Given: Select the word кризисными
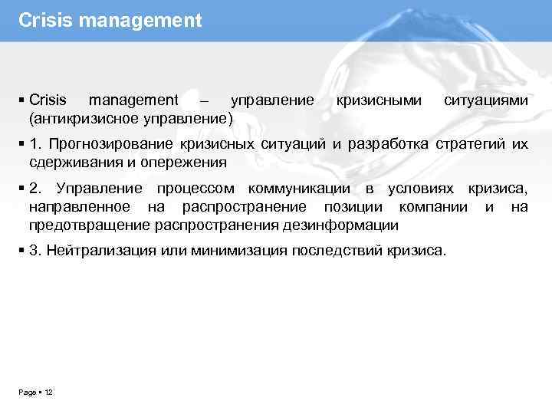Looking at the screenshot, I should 379,100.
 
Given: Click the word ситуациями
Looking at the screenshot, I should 486,100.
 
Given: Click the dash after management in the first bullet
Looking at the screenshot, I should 203,101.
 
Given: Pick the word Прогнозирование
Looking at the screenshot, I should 112,144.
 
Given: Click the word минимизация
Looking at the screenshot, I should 224,251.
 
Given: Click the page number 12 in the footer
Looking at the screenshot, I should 48,392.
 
